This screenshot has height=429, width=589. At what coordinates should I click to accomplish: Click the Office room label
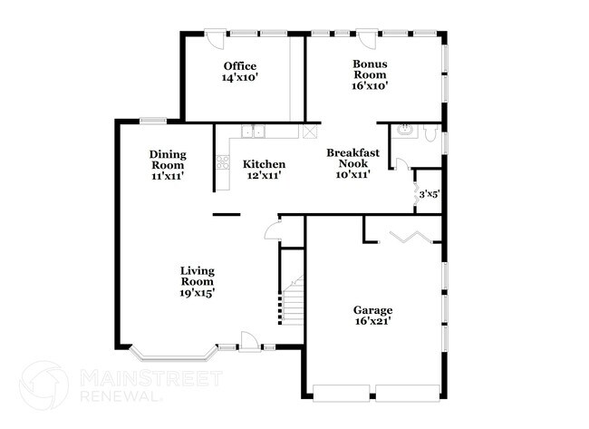tap(240, 66)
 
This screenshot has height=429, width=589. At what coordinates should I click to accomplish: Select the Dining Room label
tap(167, 160)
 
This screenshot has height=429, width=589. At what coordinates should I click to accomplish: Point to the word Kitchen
tap(265, 164)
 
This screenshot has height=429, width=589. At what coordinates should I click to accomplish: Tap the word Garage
tap(372, 310)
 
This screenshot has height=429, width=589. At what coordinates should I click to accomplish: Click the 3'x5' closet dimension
tap(428, 193)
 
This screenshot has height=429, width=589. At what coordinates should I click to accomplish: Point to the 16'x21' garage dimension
tap(372, 322)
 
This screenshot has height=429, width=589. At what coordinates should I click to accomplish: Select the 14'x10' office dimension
tap(240, 78)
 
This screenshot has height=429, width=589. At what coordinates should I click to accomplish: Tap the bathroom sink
tap(406, 132)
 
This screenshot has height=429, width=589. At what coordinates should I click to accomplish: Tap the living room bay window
tap(172, 351)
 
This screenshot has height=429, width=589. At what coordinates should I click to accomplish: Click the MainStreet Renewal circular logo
tap(43, 384)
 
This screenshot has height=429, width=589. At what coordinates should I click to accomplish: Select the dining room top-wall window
tap(152, 121)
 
